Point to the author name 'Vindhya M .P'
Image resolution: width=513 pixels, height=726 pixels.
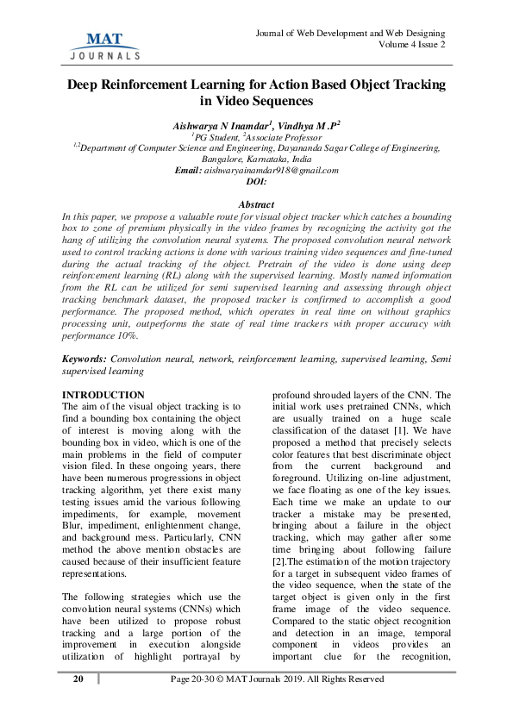point(305,125)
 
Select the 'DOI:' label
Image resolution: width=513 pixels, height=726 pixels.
point(256,182)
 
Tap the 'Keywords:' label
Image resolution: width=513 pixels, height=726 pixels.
point(86,357)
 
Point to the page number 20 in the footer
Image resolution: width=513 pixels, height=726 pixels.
point(78,679)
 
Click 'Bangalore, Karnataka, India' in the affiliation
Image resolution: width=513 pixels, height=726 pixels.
point(256,160)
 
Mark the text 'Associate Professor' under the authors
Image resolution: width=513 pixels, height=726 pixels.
point(285,137)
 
